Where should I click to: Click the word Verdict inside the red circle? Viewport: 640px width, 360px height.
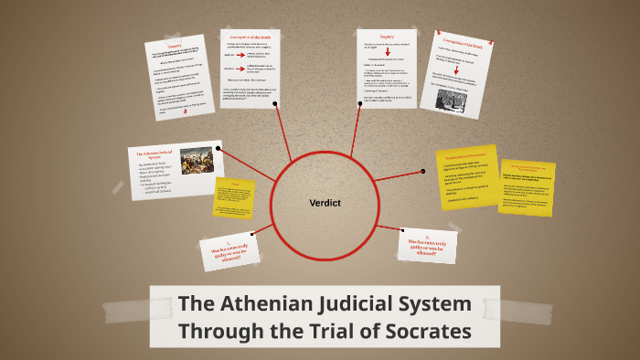coord(324,202)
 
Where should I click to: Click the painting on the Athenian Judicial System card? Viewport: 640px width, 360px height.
coord(196,160)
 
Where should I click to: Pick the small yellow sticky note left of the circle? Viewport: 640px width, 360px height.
coord(234,196)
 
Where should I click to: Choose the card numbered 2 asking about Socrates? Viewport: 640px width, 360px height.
coord(426,244)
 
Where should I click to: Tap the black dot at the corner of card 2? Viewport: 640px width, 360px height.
coord(402,229)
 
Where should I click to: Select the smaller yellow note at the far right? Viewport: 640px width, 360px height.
coord(527,186)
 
